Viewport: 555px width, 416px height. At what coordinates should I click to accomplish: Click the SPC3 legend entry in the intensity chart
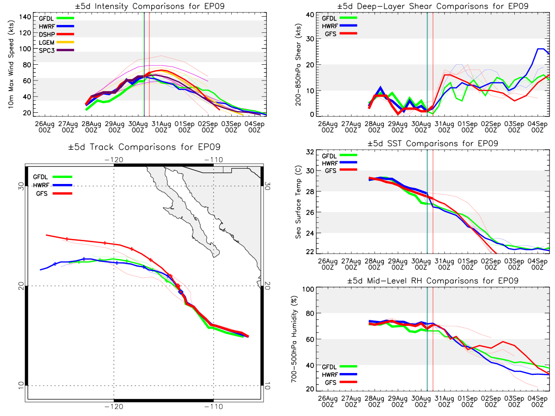[56, 50]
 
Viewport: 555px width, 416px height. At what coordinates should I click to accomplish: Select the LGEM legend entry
[56, 43]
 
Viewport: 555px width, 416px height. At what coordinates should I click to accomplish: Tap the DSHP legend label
[47, 34]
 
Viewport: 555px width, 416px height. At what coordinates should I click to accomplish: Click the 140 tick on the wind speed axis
[25, 17]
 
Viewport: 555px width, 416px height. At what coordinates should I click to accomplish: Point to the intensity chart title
[150, 6]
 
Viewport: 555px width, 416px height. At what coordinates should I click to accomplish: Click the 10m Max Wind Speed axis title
[11, 64]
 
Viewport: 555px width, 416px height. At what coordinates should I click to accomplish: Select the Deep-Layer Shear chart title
[432, 6]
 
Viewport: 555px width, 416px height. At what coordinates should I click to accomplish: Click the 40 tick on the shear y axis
[310, 15]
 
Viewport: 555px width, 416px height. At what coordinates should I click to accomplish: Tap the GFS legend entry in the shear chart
[341, 34]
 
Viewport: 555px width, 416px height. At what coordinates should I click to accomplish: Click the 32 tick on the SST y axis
[310, 152]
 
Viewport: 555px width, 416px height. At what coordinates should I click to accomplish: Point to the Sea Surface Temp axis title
[298, 202]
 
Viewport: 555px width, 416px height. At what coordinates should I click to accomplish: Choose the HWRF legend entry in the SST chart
[339, 163]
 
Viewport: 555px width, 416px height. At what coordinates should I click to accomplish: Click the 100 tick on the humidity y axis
[308, 289]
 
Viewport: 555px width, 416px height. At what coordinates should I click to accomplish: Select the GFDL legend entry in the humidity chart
[339, 367]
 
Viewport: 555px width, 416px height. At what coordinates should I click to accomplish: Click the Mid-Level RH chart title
[432, 281]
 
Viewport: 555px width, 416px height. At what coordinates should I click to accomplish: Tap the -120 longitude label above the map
[114, 160]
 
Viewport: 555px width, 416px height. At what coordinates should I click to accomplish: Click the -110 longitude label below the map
[214, 407]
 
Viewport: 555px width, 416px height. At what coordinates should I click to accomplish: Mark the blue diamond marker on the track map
[180, 292]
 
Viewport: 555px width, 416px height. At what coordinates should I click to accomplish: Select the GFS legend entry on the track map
[54, 194]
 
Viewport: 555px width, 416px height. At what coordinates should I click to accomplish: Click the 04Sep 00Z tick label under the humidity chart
[537, 402]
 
